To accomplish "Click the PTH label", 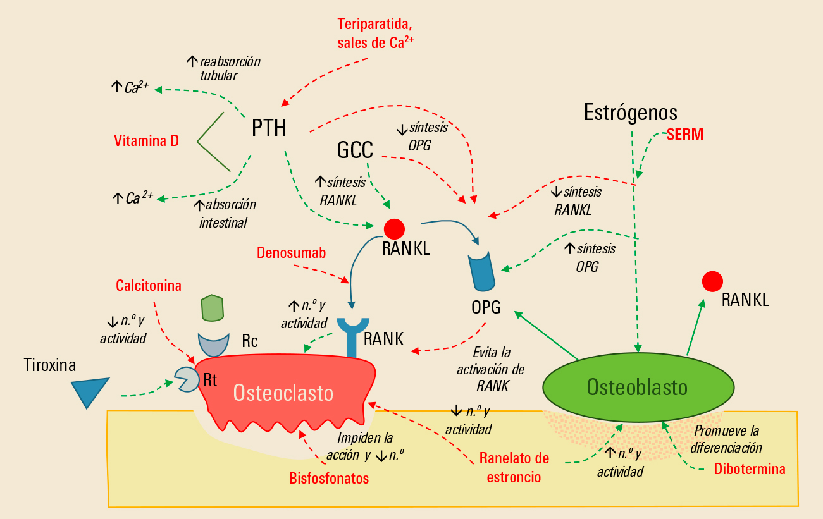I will (269, 128).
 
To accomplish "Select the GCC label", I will (355, 150).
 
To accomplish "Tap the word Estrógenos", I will (631, 113).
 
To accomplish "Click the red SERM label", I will (685, 134).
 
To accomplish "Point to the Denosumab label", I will (292, 253).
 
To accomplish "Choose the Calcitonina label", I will (149, 286).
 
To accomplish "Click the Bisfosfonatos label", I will (328, 478).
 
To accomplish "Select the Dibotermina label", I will (750, 469).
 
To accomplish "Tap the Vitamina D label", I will (146, 141).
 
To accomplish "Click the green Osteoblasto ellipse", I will (638, 386).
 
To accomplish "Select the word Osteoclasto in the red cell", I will (283, 393).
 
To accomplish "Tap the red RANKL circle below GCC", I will (395, 229).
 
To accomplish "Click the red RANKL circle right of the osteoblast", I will (712, 281).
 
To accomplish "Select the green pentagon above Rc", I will (213, 307).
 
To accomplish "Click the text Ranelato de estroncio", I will (514, 467).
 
